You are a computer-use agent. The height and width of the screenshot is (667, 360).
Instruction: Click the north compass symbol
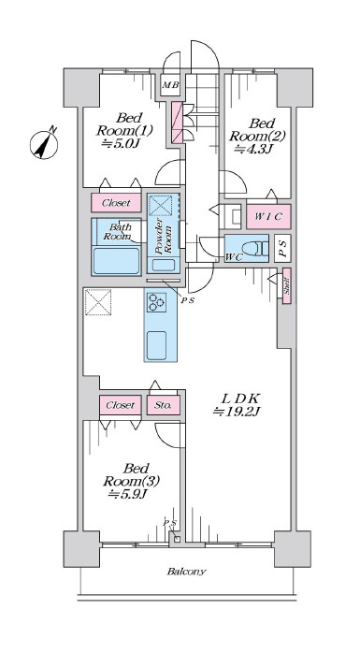44,144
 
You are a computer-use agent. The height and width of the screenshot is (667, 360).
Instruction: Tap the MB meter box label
171,85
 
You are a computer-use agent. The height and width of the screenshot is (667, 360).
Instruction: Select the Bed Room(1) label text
124,123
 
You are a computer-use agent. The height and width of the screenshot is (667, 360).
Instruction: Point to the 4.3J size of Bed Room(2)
254,150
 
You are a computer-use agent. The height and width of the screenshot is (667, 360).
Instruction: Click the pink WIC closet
268,216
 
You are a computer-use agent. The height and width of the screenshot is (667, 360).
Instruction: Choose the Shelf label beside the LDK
287,286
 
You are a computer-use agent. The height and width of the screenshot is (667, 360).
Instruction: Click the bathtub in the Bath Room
116,260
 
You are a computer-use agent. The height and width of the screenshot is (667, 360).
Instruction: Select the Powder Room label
164,236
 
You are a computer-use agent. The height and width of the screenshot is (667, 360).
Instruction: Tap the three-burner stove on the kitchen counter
155,301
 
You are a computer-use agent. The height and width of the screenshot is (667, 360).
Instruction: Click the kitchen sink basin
156,345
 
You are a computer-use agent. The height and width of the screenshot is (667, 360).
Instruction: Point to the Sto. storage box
164,405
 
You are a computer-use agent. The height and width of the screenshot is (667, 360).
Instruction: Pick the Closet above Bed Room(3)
121,405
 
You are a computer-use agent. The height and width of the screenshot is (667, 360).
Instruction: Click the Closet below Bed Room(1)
116,203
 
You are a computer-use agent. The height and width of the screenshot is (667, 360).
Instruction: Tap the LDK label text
240,399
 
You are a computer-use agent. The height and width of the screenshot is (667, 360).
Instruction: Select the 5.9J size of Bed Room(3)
127,494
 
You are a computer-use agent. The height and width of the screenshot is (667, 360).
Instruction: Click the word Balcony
186,572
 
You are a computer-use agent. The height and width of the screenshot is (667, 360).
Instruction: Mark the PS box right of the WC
282,248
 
